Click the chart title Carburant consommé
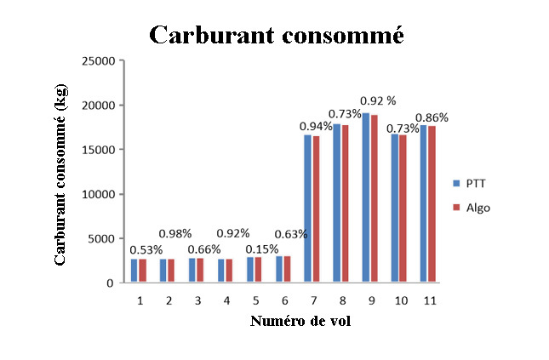click(x=275, y=35)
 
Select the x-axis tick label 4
click(x=226, y=300)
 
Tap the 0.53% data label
click(x=146, y=250)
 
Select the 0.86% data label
click(x=432, y=117)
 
